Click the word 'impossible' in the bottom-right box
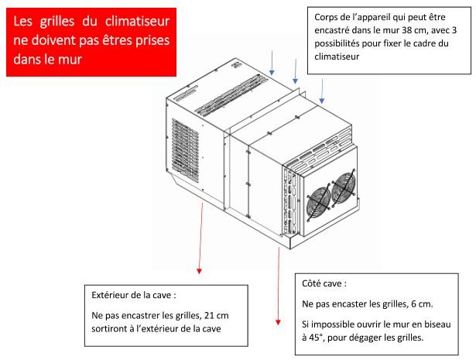click(339, 324)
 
